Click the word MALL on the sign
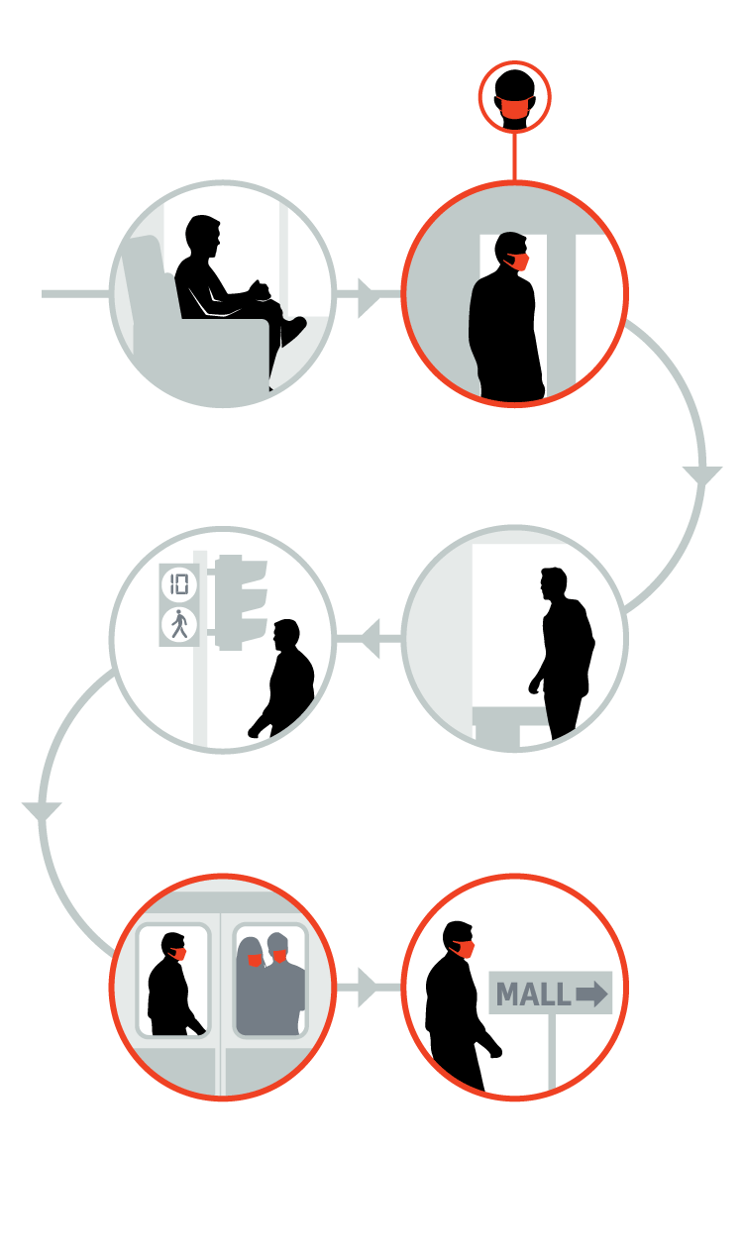533,995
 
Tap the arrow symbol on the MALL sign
591,995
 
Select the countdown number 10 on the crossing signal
179,584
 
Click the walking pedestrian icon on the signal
179,624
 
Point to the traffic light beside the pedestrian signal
240,602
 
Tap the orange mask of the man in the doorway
518,262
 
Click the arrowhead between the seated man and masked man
369,294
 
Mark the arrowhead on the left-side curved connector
42,811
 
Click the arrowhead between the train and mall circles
369,988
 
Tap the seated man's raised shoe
293,331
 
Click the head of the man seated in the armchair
202,236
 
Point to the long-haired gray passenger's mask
256,961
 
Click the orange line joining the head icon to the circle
514,157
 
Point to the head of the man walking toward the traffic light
286,635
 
